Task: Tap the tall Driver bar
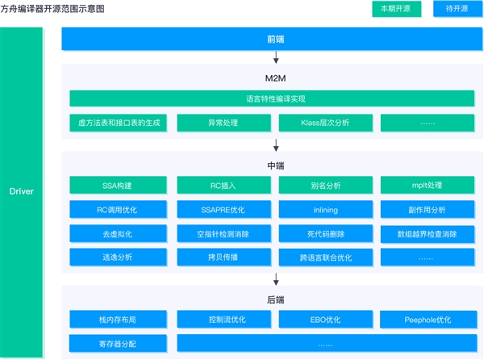(21, 192)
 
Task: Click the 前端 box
(276, 39)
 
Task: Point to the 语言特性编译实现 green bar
(276, 98)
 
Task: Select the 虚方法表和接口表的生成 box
(119, 123)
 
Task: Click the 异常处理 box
(223, 123)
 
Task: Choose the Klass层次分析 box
(326, 123)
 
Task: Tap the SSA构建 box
(119, 186)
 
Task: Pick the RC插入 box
(223, 186)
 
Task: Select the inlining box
(326, 210)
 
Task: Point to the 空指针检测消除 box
(223, 233)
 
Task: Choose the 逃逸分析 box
(119, 257)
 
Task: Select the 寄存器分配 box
(119, 342)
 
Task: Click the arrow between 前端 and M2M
(276, 57)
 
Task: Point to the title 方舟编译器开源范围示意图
(52, 8)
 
